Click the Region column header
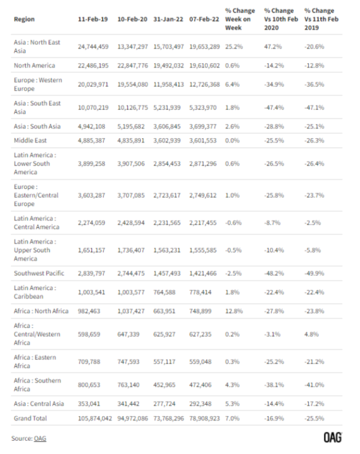tap(24, 19)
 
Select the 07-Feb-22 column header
tap(204, 19)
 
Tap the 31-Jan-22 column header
tap(168, 19)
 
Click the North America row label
tap(35, 66)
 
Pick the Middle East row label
tap(30, 140)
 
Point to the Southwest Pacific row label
tap(39, 273)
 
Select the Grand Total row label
tap(30, 418)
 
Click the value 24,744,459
tap(93, 47)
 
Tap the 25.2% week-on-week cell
tap(234, 47)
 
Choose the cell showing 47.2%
tap(273, 47)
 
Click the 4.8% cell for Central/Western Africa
tap(311, 334)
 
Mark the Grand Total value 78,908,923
tap(205, 418)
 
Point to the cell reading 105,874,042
tap(95, 418)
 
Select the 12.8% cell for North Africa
tap(234, 311)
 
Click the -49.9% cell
tap(315, 273)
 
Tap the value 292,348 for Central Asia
tap(200, 403)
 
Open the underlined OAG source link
tap(40, 438)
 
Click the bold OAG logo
tap(332, 438)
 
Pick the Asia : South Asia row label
tap(37, 126)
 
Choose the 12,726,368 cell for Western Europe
tap(205, 84)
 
